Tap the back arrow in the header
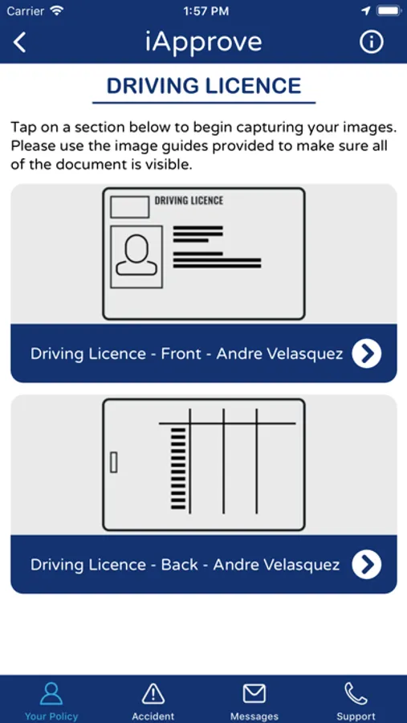pos(19,42)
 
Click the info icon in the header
pos(371,42)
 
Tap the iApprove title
pos(203,43)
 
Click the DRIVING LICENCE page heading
pos(204,86)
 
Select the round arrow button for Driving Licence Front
pos(367,353)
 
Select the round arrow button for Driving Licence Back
pos(367,565)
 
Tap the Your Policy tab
pos(51,701)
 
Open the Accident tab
pos(153,701)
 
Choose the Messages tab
pos(254,701)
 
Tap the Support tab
pos(356,701)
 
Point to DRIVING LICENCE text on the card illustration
pos(189,201)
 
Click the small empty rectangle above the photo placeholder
pos(129,207)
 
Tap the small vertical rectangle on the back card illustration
pos(113,463)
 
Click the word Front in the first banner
pos(181,353)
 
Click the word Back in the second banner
pos(179,565)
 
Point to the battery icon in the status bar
pos(389,10)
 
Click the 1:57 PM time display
pos(206,11)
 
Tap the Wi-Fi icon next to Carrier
pos(57,10)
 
